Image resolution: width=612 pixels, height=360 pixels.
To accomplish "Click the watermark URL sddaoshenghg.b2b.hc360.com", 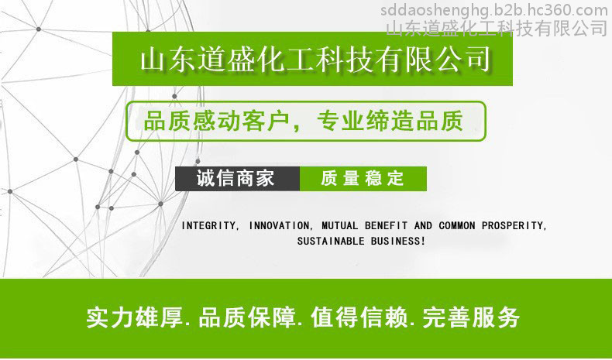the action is click(493, 11).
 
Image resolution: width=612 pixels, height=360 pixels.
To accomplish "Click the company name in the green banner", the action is click(315, 60).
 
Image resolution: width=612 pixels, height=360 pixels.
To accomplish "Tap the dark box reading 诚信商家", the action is click(237, 179).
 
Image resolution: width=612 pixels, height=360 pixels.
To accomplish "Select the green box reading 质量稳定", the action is click(363, 179).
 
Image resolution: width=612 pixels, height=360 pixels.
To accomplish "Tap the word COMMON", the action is click(456, 226).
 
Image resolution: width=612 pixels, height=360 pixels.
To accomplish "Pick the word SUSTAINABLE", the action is click(331, 241).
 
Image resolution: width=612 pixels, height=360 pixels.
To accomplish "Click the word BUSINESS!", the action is click(397, 241).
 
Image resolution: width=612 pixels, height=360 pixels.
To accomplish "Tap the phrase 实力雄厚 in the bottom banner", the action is click(135, 317).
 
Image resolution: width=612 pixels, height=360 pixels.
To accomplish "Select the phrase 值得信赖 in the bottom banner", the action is click(359, 317).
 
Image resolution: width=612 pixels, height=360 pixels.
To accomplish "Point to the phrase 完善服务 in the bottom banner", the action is click(471, 317).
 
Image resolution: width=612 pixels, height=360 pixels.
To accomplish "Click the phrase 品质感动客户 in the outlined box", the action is click(216, 121).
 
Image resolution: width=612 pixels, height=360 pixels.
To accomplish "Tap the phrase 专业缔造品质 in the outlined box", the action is click(390, 121).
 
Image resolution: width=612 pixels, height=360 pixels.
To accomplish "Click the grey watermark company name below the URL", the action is click(497, 29).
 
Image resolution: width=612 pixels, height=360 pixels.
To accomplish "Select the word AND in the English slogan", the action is click(423, 226).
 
